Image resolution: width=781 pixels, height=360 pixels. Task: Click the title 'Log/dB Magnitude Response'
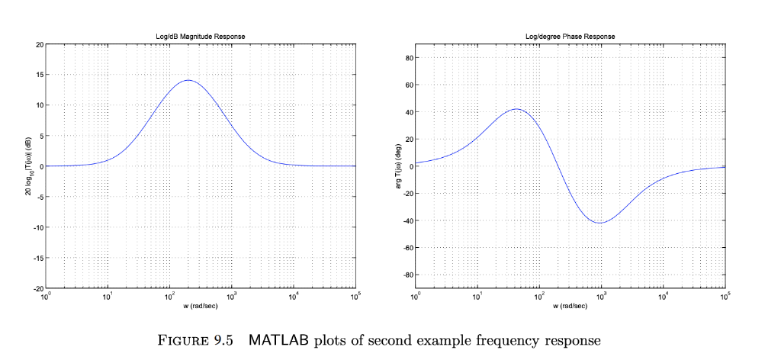pyautogui.click(x=201, y=37)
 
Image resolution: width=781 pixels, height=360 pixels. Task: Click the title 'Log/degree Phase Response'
pyautogui.click(x=570, y=37)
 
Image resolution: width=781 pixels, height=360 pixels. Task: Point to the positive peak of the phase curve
pyautogui.click(x=516, y=108)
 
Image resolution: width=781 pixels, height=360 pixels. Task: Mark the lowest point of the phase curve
pyautogui.click(x=601, y=223)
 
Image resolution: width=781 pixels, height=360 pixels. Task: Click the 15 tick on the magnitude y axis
pyautogui.click(x=40, y=75)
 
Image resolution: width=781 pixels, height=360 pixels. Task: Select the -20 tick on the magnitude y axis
pyautogui.click(x=38, y=288)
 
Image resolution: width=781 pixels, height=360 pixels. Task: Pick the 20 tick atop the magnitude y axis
pyautogui.click(x=40, y=44)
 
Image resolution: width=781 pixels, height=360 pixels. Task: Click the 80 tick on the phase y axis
pyautogui.click(x=409, y=58)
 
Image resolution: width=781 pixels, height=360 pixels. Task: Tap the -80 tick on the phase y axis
pyautogui.click(x=407, y=275)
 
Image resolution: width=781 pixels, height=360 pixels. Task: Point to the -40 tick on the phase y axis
pyautogui.click(x=407, y=220)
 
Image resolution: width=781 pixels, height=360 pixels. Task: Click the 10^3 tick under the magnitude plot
pyautogui.click(x=231, y=296)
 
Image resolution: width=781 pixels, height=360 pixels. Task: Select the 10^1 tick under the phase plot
pyautogui.click(x=477, y=296)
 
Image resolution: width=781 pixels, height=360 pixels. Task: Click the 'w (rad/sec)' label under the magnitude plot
pyautogui.click(x=201, y=306)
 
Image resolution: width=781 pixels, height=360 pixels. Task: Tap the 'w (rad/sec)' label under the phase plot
pyautogui.click(x=570, y=306)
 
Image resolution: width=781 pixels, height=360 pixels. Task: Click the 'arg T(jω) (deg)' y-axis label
pyautogui.click(x=398, y=166)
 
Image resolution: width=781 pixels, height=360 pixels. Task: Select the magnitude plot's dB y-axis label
pyautogui.click(x=28, y=166)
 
